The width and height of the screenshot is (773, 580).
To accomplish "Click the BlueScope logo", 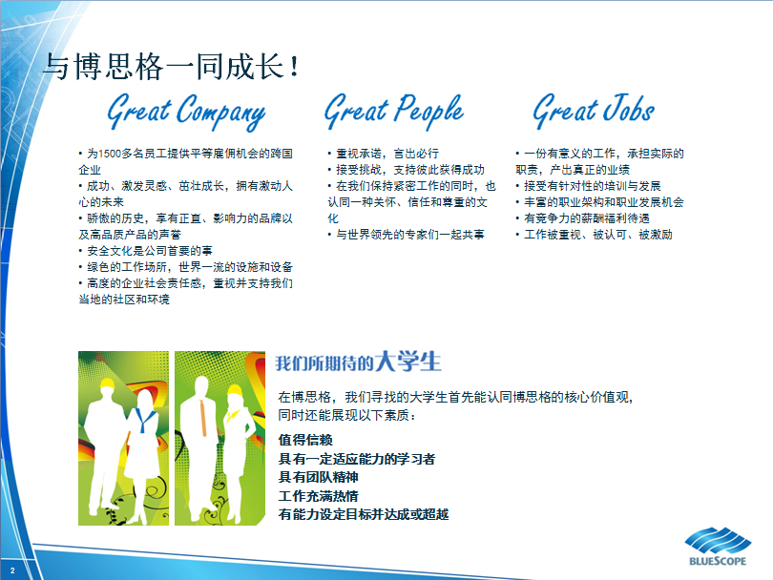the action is [718, 546].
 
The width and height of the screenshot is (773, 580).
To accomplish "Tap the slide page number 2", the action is [12, 570].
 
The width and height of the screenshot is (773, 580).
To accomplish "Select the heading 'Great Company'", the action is [186, 112].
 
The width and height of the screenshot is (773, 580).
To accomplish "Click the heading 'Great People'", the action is [394, 112].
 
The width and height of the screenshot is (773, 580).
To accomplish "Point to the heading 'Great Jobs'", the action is [594, 111].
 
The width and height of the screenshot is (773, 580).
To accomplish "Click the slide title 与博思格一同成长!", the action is [171, 67].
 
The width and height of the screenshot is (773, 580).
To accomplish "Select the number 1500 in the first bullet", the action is [110, 154].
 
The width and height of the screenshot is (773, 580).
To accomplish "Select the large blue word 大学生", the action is [407, 362].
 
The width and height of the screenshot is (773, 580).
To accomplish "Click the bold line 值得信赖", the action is [305, 440].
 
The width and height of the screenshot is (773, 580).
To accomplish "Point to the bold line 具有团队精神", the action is [319, 477].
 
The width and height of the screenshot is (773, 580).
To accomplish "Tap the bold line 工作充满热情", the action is [319, 496].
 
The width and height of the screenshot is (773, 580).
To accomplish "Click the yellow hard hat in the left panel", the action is [108, 383].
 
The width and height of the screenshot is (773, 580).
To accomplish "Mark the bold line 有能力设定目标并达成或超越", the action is [364, 514].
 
